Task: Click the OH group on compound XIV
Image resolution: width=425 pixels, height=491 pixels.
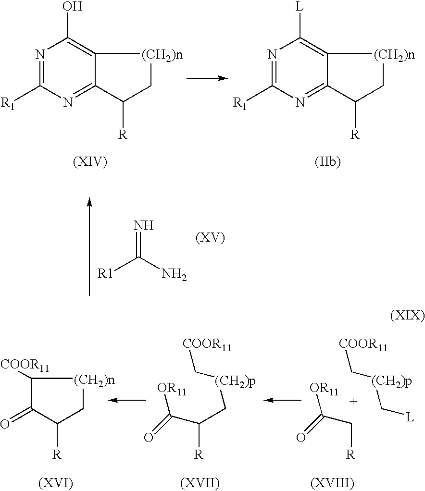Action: click(73, 6)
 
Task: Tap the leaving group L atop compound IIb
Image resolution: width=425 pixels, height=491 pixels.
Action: click(300, 7)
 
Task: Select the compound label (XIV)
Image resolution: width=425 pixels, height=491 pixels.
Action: click(90, 162)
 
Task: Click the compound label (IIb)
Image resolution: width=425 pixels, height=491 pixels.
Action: click(328, 162)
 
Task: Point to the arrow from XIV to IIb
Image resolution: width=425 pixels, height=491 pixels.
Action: click(207, 78)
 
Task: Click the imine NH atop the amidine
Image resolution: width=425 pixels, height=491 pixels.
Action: click(144, 225)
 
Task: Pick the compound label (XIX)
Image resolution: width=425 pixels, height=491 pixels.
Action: click(407, 316)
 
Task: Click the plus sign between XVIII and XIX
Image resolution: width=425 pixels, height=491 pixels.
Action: click(353, 402)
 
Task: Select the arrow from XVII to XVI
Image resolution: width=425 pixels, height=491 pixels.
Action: click(127, 400)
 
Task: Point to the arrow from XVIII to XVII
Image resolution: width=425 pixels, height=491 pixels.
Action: click(282, 400)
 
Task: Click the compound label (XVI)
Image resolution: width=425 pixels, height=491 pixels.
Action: click(56, 484)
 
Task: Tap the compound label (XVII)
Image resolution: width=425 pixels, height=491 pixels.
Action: click(200, 484)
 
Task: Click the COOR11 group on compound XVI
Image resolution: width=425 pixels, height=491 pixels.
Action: click(25, 365)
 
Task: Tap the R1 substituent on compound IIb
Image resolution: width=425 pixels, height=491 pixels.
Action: click(240, 103)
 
